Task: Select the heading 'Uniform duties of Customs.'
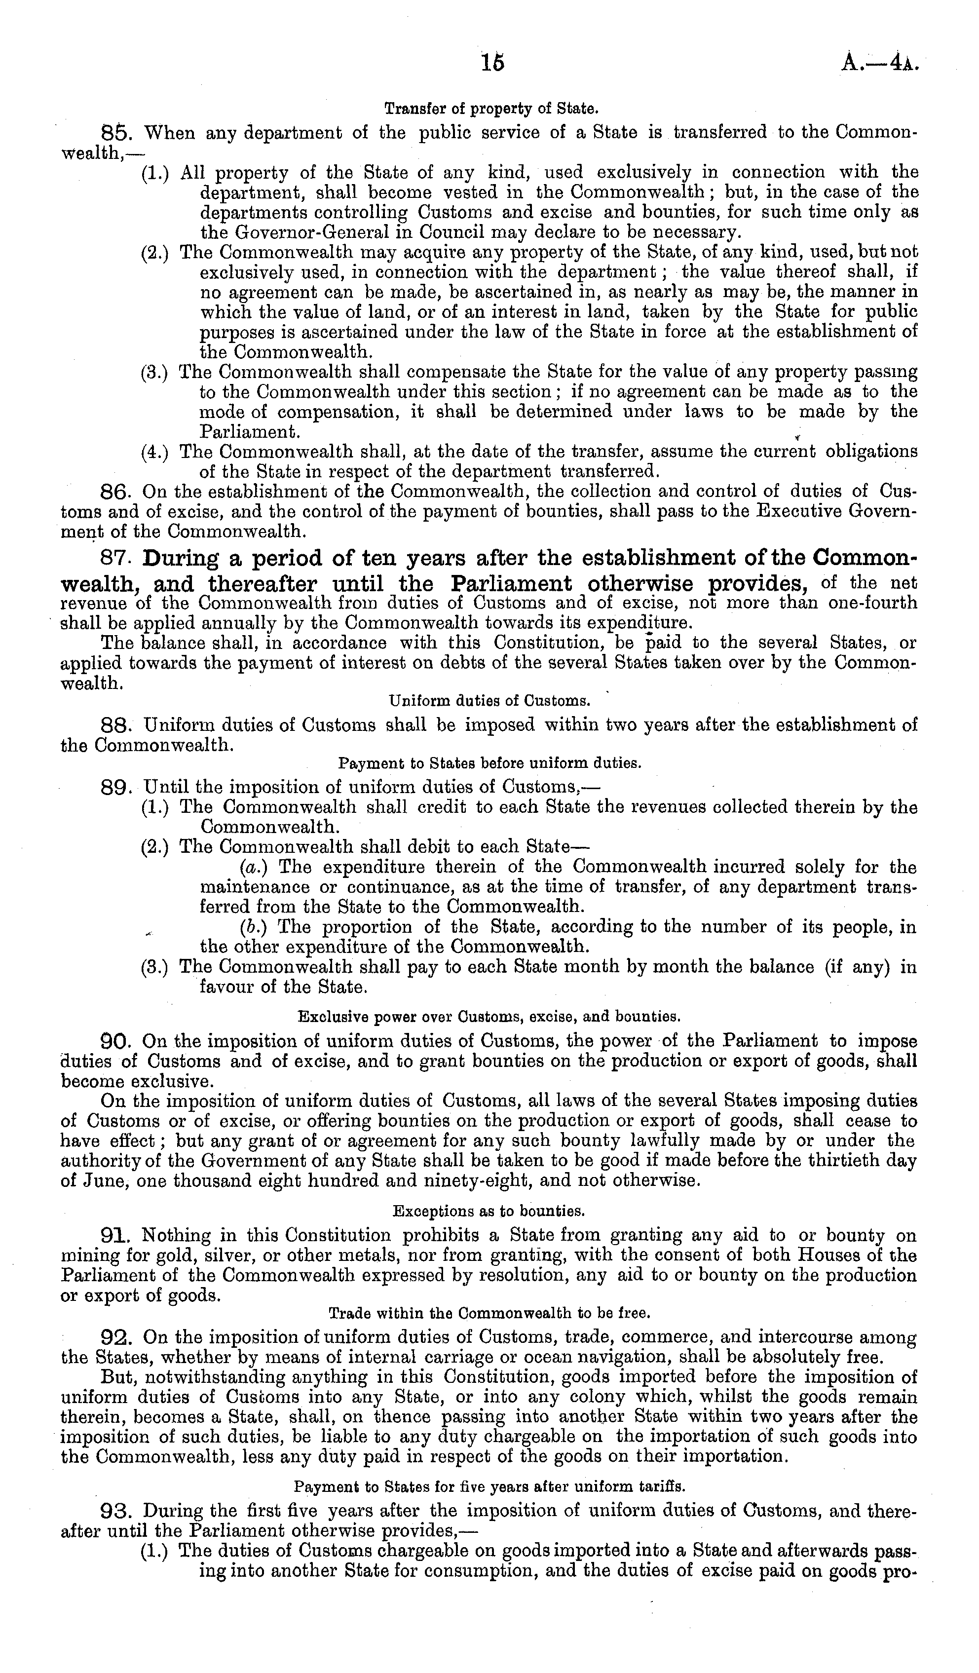(489, 700)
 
